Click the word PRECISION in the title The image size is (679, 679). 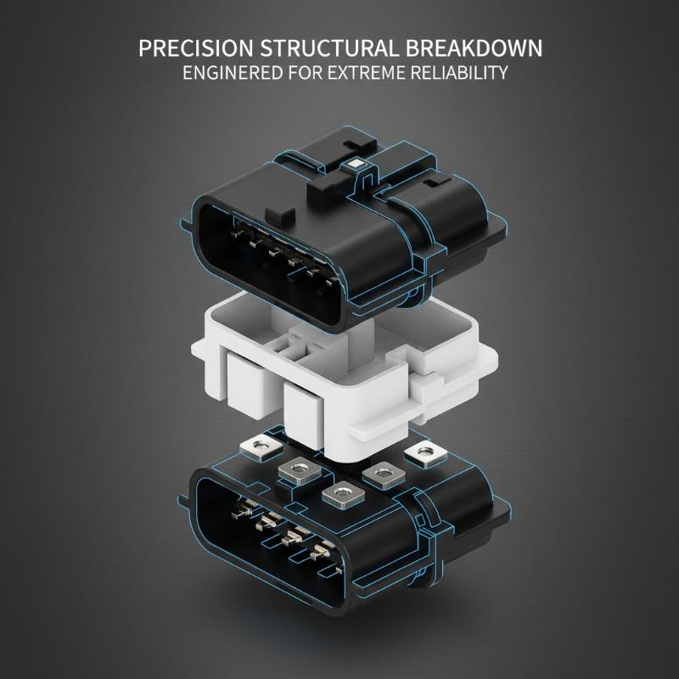196,48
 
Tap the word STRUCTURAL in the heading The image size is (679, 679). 328,48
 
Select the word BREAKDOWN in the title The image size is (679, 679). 474,48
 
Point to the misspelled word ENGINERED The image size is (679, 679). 233,73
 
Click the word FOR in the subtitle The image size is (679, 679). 306,73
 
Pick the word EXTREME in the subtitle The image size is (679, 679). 366,73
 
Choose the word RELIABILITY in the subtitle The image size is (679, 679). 459,73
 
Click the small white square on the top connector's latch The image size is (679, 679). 357,164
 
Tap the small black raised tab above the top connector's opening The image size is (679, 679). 280,214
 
